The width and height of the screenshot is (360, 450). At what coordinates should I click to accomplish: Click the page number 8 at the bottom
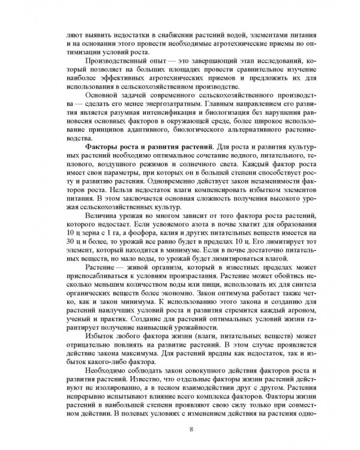pyautogui.click(x=191, y=429)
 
